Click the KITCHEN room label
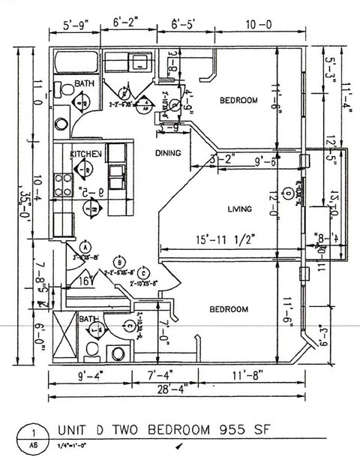pos(86,154)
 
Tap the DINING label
pos(169,153)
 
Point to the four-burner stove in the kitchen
pos(63,185)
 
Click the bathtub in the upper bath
pos(75,63)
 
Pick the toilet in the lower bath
pos(92,350)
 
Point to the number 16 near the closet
pos(85,281)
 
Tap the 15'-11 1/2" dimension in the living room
pos(226,240)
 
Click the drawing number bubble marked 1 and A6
pos(31,437)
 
